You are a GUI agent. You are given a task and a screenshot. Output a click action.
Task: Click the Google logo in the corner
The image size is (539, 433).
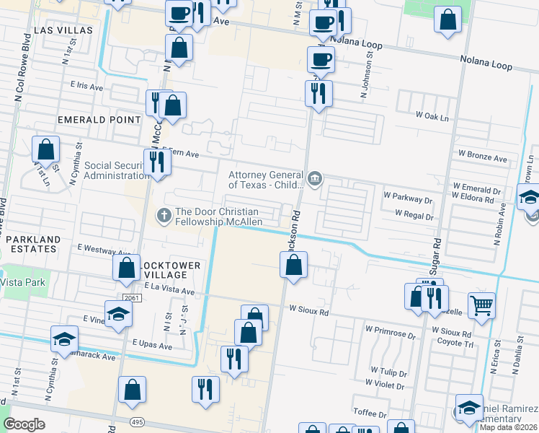coord(24,424)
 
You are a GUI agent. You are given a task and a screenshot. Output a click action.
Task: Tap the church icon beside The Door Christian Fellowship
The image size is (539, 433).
coord(164,214)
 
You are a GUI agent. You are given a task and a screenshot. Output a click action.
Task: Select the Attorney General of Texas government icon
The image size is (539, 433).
coord(316,179)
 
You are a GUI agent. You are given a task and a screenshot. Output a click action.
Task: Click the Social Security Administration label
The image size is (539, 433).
coord(116,170)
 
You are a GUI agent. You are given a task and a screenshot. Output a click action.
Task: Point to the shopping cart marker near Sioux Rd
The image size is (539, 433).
coord(481,305)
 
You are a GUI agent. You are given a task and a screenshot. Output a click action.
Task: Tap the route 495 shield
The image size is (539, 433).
coord(135,421)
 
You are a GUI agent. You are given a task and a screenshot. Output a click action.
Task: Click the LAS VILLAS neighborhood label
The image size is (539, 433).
coord(63,30)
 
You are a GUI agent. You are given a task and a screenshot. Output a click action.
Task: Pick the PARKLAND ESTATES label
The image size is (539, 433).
coord(30,244)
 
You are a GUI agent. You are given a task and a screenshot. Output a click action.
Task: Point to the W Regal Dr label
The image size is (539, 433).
coord(414,216)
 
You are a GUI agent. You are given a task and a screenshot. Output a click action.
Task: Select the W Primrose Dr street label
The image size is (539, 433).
coord(391,335)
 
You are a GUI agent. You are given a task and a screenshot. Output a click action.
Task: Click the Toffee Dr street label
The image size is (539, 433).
coord(372,411)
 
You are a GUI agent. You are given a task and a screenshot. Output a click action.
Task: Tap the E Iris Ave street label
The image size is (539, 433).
coord(87,85)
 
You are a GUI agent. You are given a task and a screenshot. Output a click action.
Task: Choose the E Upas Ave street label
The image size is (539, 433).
coord(151,346)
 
